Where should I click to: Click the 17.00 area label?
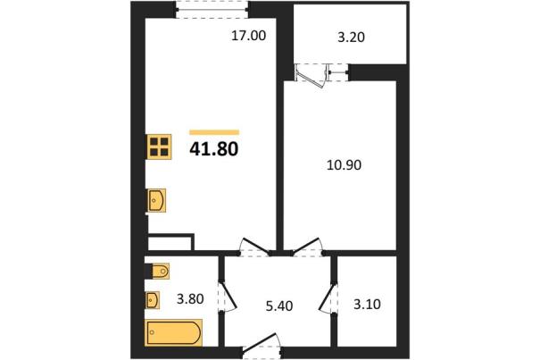coord(249,36)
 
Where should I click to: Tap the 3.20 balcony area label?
coord(351,37)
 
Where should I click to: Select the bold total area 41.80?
coord(214,149)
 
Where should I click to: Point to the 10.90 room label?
coord(344,165)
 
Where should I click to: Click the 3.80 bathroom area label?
coord(190,298)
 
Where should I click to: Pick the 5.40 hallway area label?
coord(279,306)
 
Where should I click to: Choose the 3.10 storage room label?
coord(367,304)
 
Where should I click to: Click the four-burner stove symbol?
coord(159,147)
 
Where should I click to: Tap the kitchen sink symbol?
coord(156,200)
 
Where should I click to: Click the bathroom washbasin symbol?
coord(153,300)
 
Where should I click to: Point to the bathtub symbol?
coord(174,332)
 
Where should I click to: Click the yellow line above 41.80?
coord(214,132)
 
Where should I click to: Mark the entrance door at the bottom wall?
coord(261,345)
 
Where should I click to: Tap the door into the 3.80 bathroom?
coord(227,297)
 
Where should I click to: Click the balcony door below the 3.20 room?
coord(312,76)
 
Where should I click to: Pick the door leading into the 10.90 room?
coord(308,247)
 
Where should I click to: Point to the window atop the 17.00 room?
coord(212,9)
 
